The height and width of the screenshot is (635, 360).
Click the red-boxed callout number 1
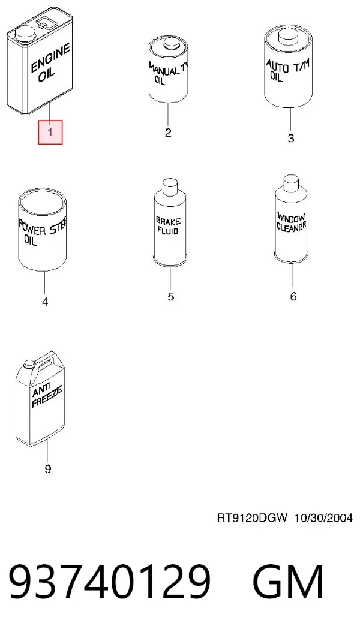click(x=50, y=131)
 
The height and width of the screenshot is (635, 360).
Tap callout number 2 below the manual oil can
click(x=168, y=133)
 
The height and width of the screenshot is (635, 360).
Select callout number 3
click(x=290, y=138)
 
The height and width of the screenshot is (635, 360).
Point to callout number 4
click(x=45, y=302)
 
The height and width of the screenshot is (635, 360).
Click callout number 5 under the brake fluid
click(x=170, y=296)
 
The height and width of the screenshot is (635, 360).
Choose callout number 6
click(x=293, y=296)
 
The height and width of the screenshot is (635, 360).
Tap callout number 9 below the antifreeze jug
click(x=47, y=469)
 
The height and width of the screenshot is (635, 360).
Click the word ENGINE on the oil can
click(x=50, y=58)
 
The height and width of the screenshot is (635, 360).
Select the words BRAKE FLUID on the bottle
click(x=168, y=227)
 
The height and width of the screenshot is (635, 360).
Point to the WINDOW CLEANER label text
click(x=291, y=222)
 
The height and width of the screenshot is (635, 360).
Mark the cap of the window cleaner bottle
click(x=291, y=183)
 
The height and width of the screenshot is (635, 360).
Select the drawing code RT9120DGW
click(x=252, y=518)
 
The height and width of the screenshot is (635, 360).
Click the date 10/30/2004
click(x=323, y=518)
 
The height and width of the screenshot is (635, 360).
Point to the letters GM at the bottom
click(x=288, y=582)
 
